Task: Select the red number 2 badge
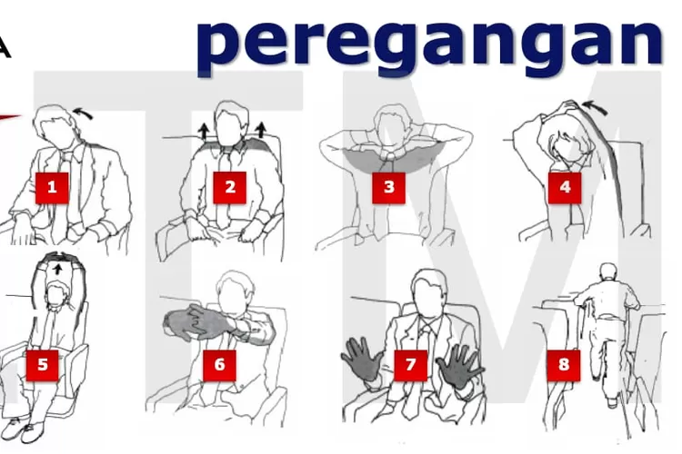tap(230, 188)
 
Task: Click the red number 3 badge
tap(389, 188)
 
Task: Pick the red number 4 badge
tap(565, 188)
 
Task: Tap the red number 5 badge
tap(42, 366)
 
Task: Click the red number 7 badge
tap(411, 366)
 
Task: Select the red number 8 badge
tap(564, 366)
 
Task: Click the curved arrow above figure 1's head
tap(82, 113)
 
